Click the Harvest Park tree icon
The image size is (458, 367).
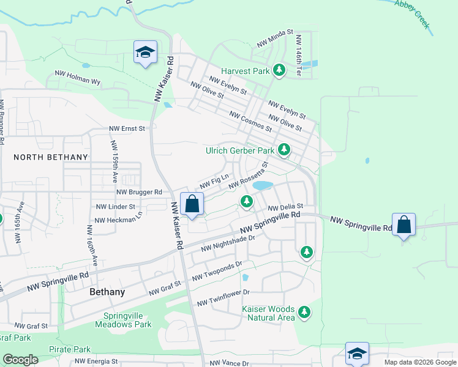click(279, 71)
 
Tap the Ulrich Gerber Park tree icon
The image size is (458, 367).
click(283, 149)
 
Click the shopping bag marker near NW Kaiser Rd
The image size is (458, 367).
click(192, 204)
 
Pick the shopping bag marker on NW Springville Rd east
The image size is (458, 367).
click(404, 225)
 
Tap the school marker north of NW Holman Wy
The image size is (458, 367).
click(145, 53)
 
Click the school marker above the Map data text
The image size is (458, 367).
click(357, 354)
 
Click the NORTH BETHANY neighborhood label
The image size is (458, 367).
click(51, 157)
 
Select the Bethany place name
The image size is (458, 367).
click(107, 292)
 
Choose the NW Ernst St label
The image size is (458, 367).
click(127, 129)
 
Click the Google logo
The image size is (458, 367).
click(21, 360)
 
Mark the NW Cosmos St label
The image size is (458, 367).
click(250, 121)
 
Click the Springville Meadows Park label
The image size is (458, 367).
click(124, 320)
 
